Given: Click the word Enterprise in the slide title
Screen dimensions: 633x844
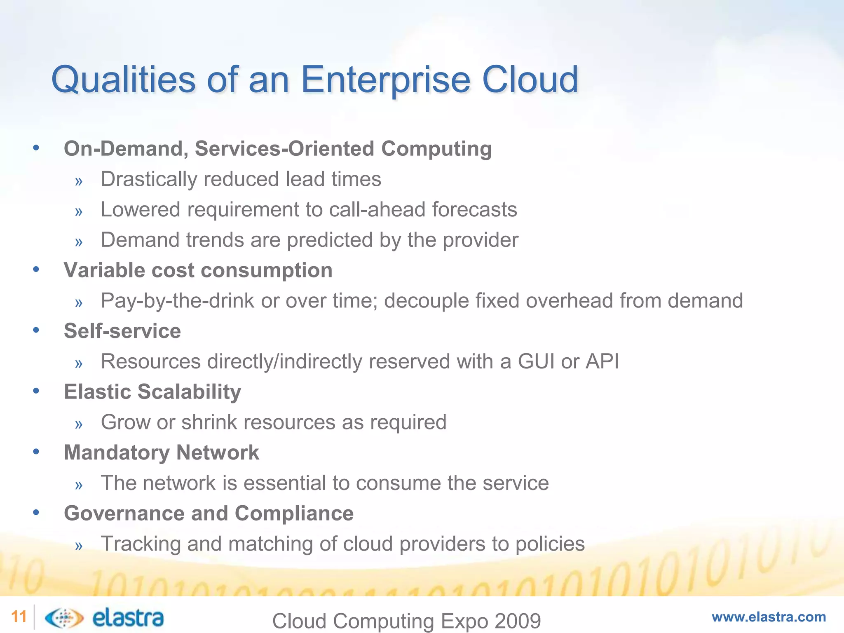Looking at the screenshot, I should pyautogui.click(x=385, y=80).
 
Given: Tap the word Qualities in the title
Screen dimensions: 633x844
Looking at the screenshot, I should pyautogui.click(x=123, y=80).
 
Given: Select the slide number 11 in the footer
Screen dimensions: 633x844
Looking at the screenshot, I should pyautogui.click(x=19, y=617).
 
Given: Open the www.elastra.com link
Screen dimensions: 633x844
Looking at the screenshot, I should pyautogui.click(x=769, y=617).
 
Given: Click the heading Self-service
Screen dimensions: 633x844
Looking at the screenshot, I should pyautogui.click(x=122, y=331).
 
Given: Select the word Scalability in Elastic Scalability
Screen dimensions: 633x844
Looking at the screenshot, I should pyautogui.click(x=189, y=392).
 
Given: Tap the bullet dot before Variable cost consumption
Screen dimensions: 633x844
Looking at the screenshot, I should pyautogui.click(x=36, y=270).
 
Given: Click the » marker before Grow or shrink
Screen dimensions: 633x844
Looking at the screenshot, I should pyautogui.click(x=79, y=424).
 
